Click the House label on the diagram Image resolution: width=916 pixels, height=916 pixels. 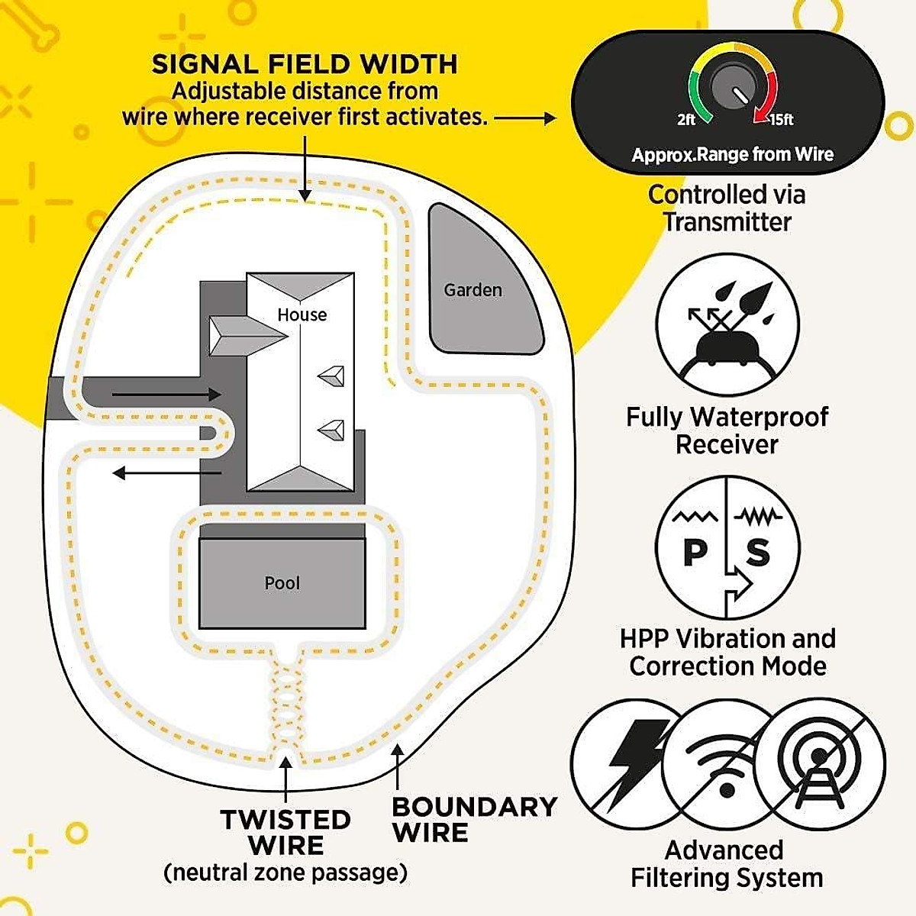click(302, 314)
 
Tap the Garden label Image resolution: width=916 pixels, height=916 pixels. click(473, 290)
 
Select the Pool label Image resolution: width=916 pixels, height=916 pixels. click(282, 583)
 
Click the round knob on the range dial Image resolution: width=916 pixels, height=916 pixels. click(733, 89)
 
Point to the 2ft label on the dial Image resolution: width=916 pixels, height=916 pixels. click(686, 120)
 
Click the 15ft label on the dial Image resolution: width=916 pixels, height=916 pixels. click(781, 120)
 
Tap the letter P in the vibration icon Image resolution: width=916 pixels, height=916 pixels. click(695, 551)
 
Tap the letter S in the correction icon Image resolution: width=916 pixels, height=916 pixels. click(758, 551)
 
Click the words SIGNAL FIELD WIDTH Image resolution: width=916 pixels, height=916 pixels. click(305, 64)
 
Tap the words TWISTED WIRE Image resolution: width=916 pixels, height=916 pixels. click(285, 833)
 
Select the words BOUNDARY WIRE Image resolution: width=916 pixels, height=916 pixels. click(474, 820)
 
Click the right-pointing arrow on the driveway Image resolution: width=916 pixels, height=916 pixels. click(166, 395)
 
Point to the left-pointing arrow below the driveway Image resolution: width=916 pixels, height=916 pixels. click(166, 473)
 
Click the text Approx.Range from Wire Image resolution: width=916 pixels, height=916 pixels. click(732, 155)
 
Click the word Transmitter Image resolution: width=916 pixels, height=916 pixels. click(727, 222)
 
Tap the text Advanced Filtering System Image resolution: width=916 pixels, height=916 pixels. click(726, 864)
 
